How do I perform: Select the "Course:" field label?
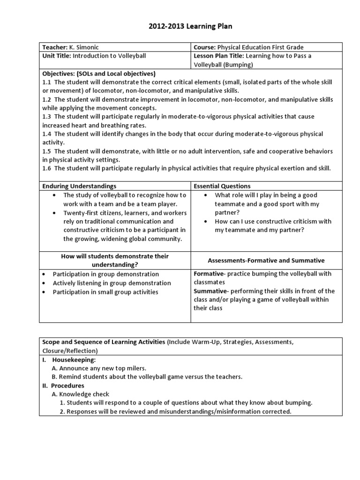(204, 47)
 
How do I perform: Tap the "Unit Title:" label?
(56, 56)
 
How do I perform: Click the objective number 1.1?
(47, 82)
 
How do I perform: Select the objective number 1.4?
(47, 134)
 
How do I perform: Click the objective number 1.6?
(47, 168)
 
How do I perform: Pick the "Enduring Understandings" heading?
(79, 186)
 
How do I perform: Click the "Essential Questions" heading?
(222, 186)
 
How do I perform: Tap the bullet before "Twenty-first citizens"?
(55, 213)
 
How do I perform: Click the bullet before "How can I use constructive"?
(207, 221)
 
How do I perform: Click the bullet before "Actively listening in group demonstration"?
(44, 283)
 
